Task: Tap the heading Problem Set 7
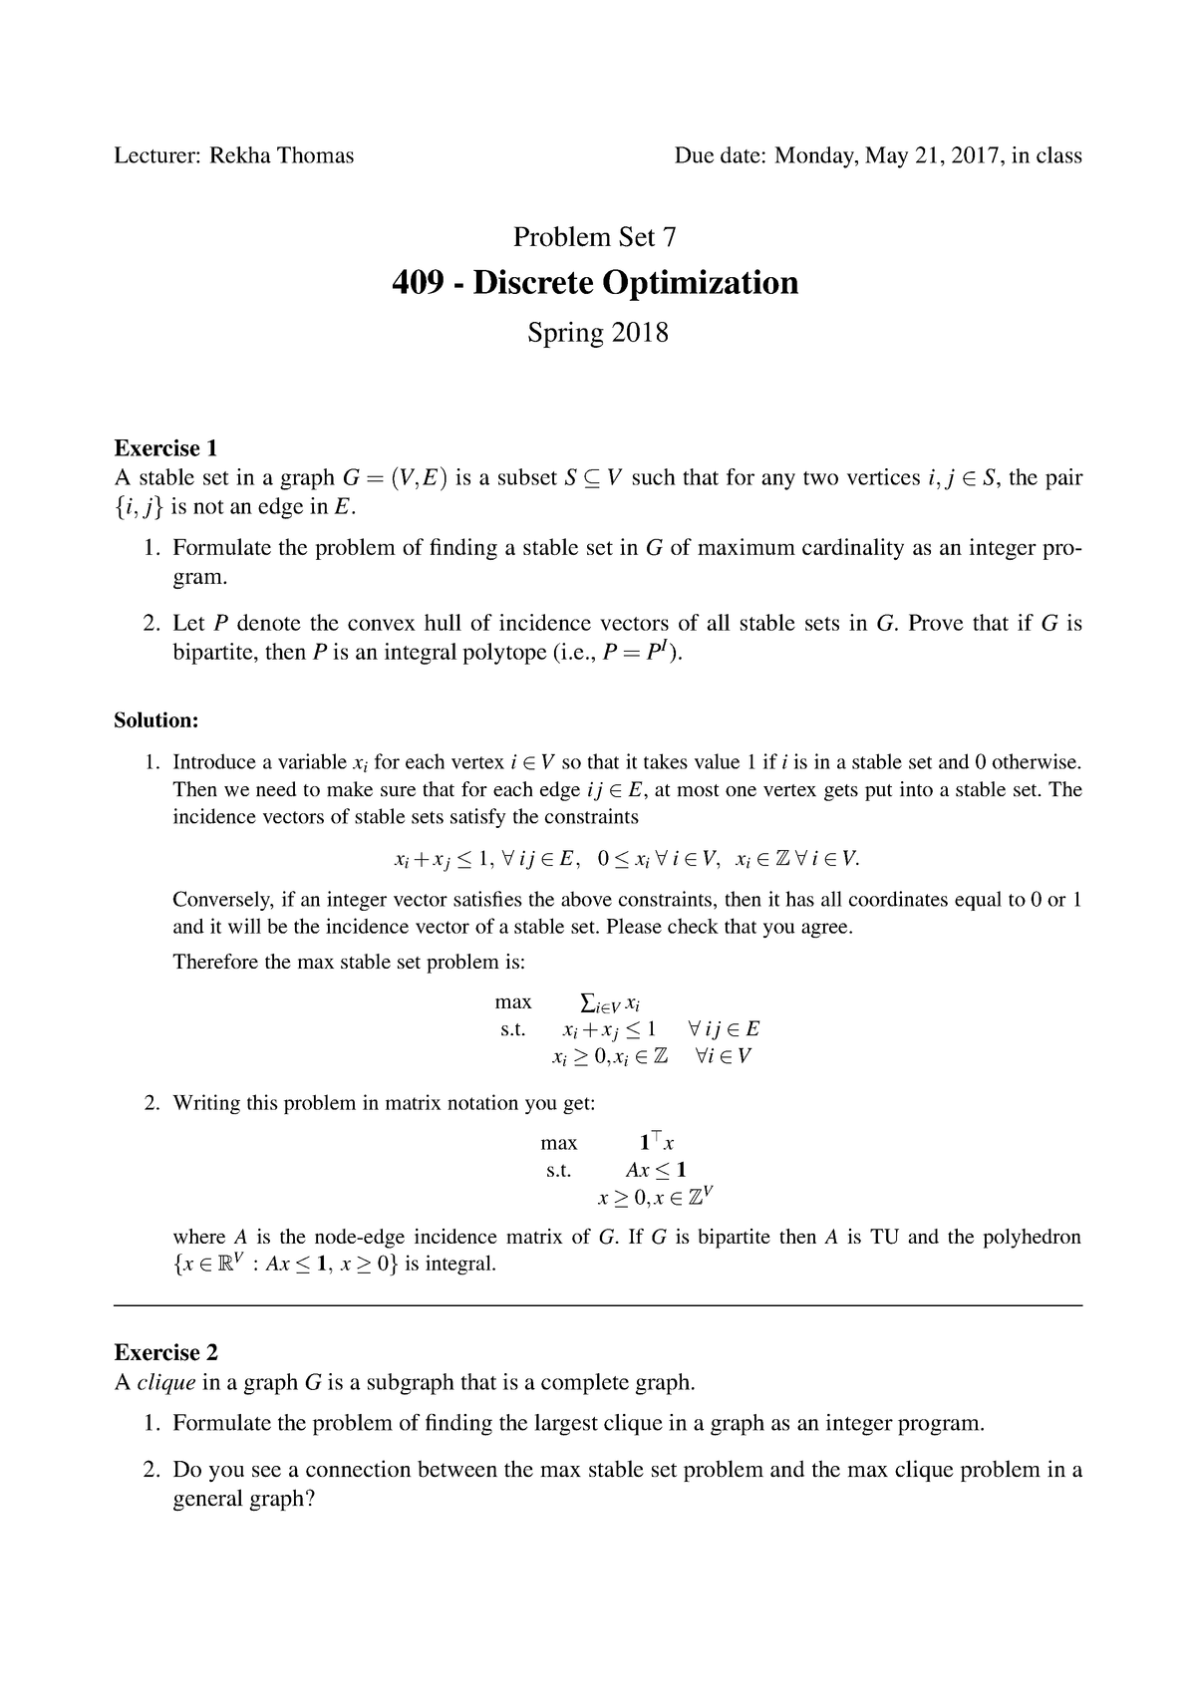[595, 237]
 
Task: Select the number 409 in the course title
[424, 283]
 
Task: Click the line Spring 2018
[597, 332]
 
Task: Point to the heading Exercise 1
[165, 447]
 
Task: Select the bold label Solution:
[156, 719]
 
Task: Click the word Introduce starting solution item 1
[214, 762]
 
